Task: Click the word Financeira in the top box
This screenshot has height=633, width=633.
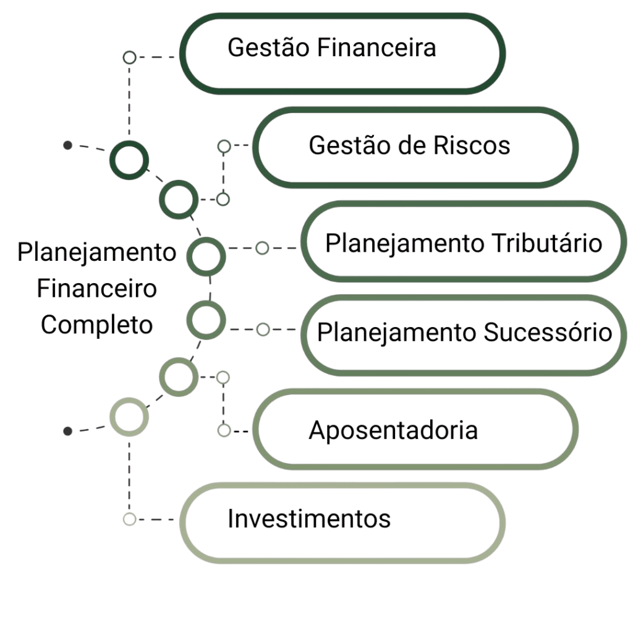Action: pos(376,48)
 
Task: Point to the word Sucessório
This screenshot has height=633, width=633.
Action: pos(547,332)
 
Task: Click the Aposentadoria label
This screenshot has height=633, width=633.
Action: pos(393,430)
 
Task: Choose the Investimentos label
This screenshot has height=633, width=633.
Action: pos(309,519)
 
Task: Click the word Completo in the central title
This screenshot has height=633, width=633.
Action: pos(96,325)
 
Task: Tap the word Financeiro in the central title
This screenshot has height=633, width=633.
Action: pos(96,289)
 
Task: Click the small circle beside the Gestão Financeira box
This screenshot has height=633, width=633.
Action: pos(129,58)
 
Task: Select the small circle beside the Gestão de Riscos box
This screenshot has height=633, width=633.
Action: pos(224,147)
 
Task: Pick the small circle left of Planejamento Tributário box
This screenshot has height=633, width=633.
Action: pos(262,249)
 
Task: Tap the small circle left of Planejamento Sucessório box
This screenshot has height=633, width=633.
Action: pos(263,329)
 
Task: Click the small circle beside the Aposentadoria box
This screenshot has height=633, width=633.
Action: pos(224,431)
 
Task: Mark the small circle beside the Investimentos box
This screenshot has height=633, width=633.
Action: pos(129,519)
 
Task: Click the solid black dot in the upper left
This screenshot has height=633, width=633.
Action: pos(68,145)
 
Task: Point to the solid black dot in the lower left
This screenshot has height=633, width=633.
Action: pos(68,430)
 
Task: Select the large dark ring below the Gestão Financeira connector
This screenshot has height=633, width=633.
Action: pos(129,161)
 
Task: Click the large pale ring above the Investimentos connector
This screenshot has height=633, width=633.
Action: pos(129,417)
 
